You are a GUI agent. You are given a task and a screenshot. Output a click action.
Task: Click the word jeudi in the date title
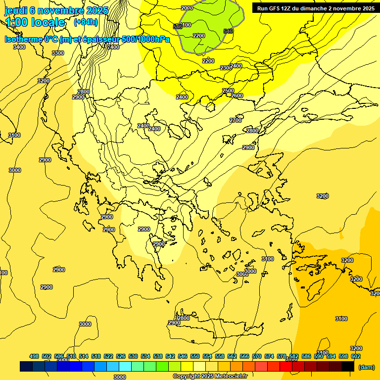point(16,10)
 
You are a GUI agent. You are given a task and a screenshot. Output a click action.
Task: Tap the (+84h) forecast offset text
point(86,22)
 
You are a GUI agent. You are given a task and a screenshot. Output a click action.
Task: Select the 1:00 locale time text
point(35,22)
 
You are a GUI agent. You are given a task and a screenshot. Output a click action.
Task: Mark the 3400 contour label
point(19,47)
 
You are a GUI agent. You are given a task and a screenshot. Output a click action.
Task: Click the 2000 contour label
point(187,8)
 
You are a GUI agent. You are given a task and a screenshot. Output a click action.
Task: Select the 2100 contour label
point(185,25)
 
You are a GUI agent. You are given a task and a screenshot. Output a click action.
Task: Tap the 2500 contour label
point(228,91)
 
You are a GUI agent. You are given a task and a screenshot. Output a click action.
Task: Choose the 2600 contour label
point(237,95)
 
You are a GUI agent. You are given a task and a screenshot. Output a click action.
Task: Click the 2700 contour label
point(236,120)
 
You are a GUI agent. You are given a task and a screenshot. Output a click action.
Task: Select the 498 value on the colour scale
point(34,356)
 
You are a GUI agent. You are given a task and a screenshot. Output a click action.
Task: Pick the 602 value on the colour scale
point(356,356)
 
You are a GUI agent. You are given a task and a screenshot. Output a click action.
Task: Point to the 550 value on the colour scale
point(195,356)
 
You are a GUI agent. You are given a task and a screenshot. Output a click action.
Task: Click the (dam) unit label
point(366,367)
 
